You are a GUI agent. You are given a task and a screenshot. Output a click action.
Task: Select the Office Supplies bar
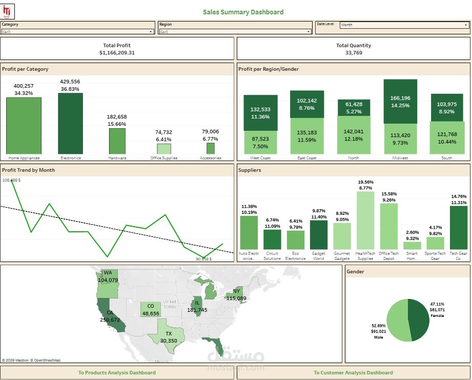(164, 149)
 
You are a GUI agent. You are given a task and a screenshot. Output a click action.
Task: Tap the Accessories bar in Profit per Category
(210, 148)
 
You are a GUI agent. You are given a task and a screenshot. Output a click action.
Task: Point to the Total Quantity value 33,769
(354, 53)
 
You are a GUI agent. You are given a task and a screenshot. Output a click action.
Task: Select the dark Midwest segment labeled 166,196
(400, 101)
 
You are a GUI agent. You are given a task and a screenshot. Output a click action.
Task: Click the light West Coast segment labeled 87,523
(260, 142)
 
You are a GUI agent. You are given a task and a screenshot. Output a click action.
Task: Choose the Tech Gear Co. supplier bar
(458, 228)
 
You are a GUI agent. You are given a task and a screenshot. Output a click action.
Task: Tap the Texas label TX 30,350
(168, 337)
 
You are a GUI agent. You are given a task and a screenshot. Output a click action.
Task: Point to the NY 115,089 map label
(236, 295)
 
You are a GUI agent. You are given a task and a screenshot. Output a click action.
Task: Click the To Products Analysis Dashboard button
(117, 373)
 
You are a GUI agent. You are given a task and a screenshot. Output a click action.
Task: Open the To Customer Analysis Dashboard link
(353, 373)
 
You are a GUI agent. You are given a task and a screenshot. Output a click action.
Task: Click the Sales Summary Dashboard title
(243, 12)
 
